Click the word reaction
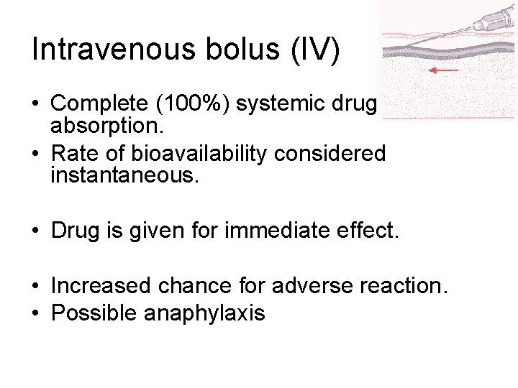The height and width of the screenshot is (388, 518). click(x=411, y=287)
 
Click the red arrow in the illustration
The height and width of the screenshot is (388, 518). click(x=443, y=70)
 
